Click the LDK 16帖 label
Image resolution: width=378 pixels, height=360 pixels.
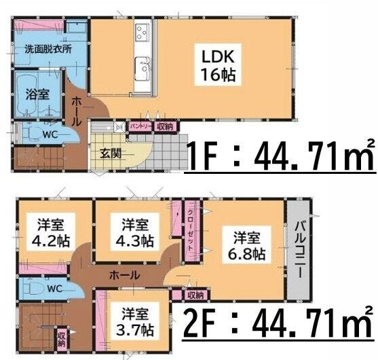click(x=218, y=65)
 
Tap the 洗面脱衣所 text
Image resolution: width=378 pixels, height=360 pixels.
click(x=48, y=49)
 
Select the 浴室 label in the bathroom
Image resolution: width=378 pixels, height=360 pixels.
click(x=37, y=94)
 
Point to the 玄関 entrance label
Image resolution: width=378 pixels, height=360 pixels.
click(x=111, y=154)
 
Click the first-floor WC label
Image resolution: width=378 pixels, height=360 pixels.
click(x=50, y=134)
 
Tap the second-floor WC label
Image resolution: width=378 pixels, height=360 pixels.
click(x=55, y=289)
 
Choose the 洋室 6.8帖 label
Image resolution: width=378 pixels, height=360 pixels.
click(x=246, y=246)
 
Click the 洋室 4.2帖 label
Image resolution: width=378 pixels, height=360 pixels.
click(x=51, y=232)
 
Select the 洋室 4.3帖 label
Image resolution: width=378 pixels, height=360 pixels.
click(x=135, y=232)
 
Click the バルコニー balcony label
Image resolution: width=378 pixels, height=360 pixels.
click(x=300, y=249)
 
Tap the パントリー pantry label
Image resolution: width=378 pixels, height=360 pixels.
click(x=140, y=126)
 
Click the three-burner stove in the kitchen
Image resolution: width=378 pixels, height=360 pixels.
click(x=142, y=33)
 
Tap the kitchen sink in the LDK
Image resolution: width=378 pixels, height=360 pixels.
click(x=143, y=69)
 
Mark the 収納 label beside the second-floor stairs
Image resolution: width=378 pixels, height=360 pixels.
click(x=61, y=340)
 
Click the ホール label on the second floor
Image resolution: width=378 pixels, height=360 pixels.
click(x=125, y=275)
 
